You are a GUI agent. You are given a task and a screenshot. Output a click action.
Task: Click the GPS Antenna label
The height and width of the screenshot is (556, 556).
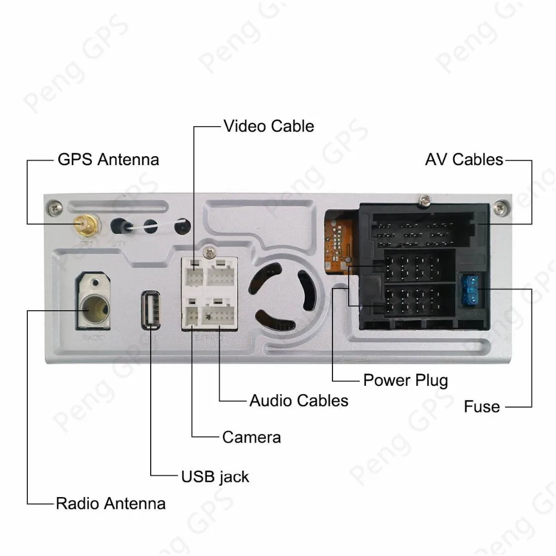coord(108,160)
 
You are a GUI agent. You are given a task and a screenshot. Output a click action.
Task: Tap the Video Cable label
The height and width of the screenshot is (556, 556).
coord(269,126)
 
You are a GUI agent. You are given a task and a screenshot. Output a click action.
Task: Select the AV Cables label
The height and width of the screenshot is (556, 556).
coord(464,160)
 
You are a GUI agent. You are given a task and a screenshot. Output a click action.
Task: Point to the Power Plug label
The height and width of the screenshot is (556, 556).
coord(405,380)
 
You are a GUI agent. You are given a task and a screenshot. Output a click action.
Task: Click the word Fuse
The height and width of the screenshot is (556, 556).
coord(481,407)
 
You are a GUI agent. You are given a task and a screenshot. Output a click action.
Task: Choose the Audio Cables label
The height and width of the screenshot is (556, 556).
coord(299,400)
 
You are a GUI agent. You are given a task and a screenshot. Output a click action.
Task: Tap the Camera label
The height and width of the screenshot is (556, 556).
coord(251,437)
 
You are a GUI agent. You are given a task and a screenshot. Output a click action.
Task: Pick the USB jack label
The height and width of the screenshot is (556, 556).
coord(215,476)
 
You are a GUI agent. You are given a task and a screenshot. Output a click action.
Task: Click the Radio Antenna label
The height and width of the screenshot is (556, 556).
coord(111,504)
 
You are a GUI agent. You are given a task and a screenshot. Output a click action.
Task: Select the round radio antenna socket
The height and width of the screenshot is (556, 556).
coord(93,306)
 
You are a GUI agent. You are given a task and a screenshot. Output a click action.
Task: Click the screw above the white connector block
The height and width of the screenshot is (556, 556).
coord(210,252)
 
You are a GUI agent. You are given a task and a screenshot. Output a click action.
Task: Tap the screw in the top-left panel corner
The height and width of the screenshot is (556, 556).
coord(53,208)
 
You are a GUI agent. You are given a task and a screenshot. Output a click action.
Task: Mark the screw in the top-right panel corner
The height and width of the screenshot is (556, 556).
coord(500,208)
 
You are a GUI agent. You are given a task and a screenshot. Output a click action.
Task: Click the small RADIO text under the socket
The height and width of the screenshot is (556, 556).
coord(93,337)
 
